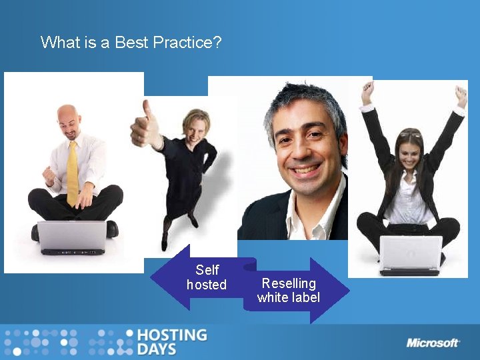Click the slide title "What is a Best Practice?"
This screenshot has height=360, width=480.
pyautogui.click(x=131, y=43)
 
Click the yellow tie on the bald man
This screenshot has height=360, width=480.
pyautogui.click(x=73, y=173)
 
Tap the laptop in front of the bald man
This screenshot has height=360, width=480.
pyautogui.click(x=72, y=237)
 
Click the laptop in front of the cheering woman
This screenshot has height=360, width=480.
pyautogui.click(x=411, y=254)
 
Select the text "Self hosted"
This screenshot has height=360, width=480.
pyautogui.click(x=207, y=277)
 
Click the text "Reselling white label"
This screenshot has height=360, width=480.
pyautogui.click(x=289, y=291)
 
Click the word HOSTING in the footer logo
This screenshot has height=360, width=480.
pyautogui.click(x=171, y=335)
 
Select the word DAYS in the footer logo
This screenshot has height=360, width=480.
pyautogui.click(x=157, y=349)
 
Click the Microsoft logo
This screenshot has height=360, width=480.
pyautogui.click(x=433, y=343)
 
